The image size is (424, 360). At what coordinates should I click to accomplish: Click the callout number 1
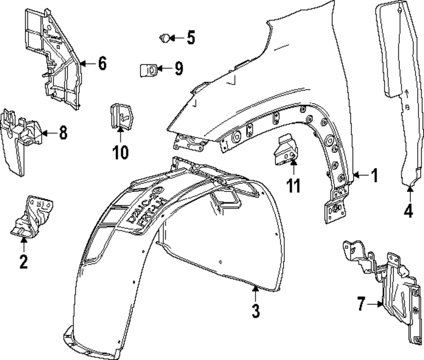(x=374, y=175)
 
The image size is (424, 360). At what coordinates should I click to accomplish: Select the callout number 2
(x=23, y=261)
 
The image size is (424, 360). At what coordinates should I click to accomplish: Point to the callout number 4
(x=408, y=211)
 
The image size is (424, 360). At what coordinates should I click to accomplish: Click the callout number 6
(x=102, y=64)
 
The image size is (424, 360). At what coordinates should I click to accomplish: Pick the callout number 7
(x=361, y=304)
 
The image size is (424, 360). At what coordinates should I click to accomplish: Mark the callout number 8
(x=63, y=133)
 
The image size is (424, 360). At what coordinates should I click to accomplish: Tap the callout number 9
(x=178, y=68)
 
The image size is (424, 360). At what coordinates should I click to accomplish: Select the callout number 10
(x=120, y=152)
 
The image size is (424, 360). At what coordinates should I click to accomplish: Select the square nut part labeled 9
(x=148, y=69)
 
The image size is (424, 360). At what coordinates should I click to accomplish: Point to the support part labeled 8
(x=19, y=140)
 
